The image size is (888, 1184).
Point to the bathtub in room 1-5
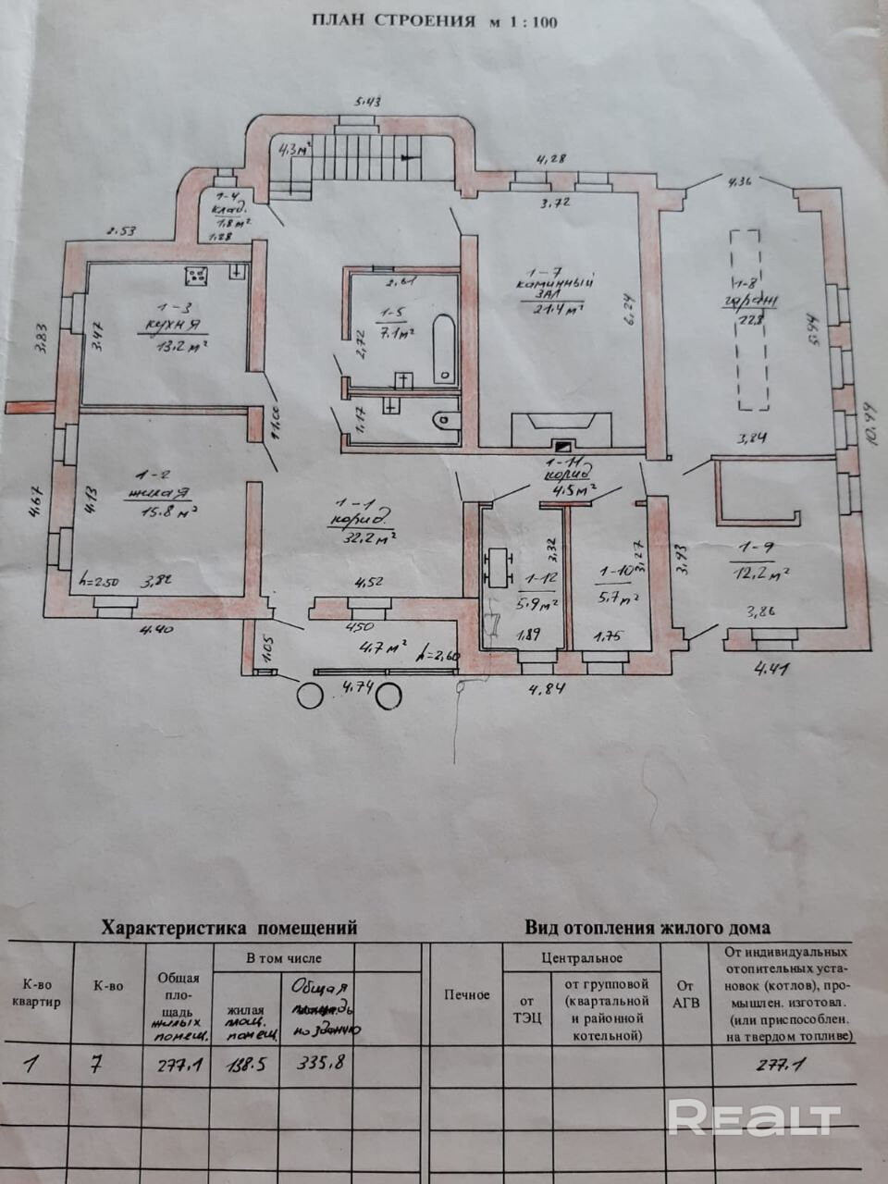pyautogui.click(x=445, y=350)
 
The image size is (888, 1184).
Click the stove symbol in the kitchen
pyautogui.click(x=196, y=275)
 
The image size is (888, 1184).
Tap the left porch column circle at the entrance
pyautogui.click(x=310, y=695)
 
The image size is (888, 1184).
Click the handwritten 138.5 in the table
pyautogui.click(x=248, y=1064)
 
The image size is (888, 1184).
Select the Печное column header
pyautogui.click(x=466, y=995)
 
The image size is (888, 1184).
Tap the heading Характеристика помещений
pyautogui.click(x=228, y=927)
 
